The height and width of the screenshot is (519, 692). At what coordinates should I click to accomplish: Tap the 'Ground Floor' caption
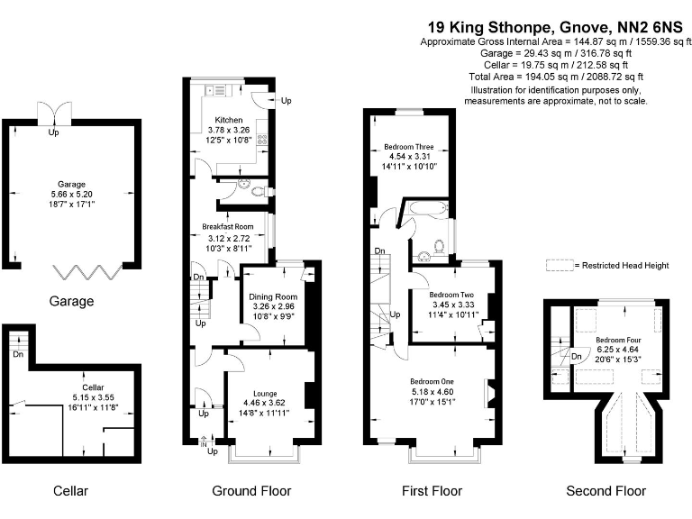coord(251,491)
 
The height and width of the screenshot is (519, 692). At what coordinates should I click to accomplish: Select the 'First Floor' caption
coord(432,491)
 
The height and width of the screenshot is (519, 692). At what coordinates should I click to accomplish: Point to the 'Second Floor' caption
coord(605,491)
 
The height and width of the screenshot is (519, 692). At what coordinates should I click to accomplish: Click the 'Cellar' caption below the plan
coord(70,491)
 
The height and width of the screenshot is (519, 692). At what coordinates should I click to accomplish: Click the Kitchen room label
coord(228,120)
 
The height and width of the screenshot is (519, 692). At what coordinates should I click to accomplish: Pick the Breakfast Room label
coord(227,226)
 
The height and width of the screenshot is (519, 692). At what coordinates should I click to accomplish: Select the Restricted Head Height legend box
coord(561,266)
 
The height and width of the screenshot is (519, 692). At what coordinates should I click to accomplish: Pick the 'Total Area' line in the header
coord(533,77)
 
